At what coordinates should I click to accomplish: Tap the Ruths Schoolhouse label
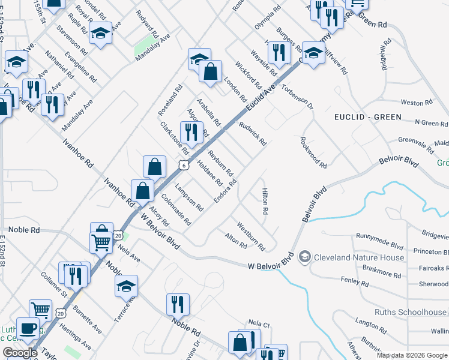point(411,312)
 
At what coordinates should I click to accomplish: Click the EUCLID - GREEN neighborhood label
point(367,117)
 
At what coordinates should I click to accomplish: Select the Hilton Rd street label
point(264,202)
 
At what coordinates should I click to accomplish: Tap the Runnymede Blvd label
point(379,245)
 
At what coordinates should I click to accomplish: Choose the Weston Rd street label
point(412,103)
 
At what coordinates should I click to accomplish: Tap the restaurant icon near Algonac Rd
point(191,131)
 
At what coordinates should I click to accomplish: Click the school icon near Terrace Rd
point(126,285)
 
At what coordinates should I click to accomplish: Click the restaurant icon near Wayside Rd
point(278,52)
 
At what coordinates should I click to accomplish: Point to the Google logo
point(19,353)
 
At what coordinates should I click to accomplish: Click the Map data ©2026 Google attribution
point(412,355)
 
